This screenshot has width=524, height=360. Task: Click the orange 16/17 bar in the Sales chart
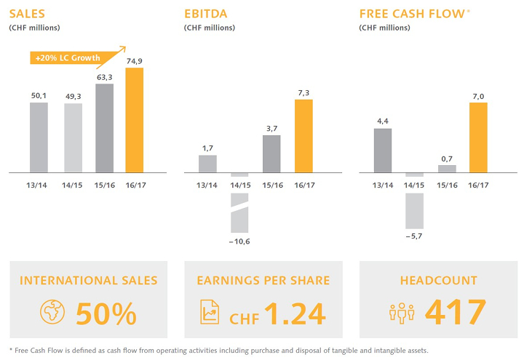tap(135, 120)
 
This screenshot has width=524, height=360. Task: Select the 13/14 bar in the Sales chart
tap(39, 137)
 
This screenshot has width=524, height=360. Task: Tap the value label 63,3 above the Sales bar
tap(104, 75)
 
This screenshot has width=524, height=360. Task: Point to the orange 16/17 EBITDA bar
tap(303, 136)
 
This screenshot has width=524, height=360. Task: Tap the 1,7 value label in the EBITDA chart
tap(208, 146)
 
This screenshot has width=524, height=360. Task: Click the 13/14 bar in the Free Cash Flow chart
tap(383, 151)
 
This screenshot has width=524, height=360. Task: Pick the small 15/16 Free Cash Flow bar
tap(447, 169)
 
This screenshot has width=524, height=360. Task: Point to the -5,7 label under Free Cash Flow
tap(414, 235)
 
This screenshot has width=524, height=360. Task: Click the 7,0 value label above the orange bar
tap(478, 94)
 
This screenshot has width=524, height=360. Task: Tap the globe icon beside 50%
tap(51, 312)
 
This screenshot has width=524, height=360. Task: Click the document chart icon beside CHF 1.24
tap(209, 312)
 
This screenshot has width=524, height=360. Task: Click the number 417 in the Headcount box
tap(455, 312)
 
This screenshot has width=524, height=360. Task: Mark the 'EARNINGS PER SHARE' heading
tap(263, 280)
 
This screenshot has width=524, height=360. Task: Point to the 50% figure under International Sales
tap(106, 313)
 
